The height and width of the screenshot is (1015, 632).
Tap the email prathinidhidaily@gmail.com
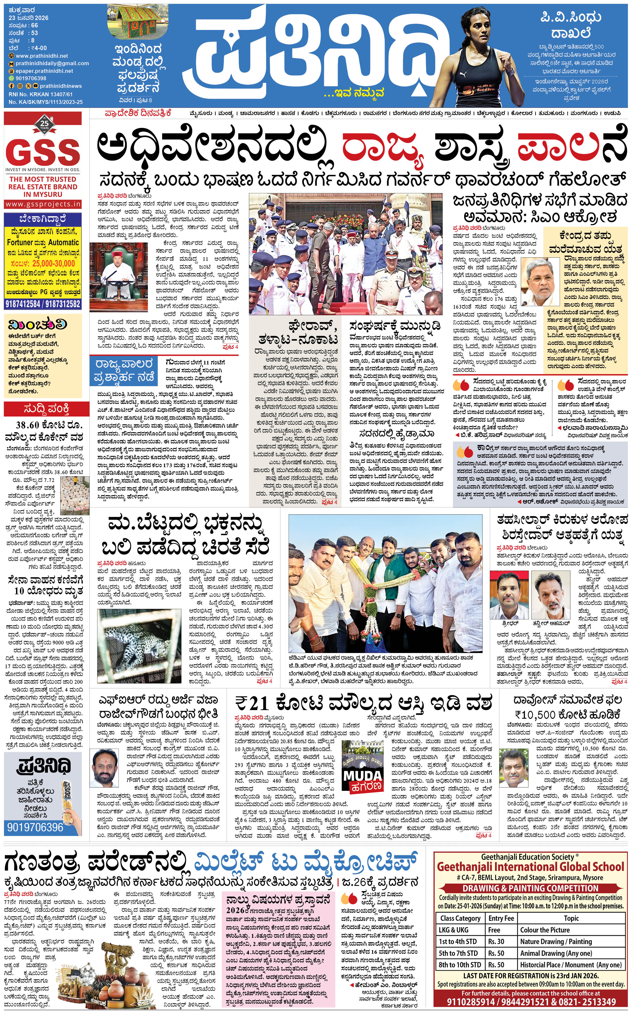52,63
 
